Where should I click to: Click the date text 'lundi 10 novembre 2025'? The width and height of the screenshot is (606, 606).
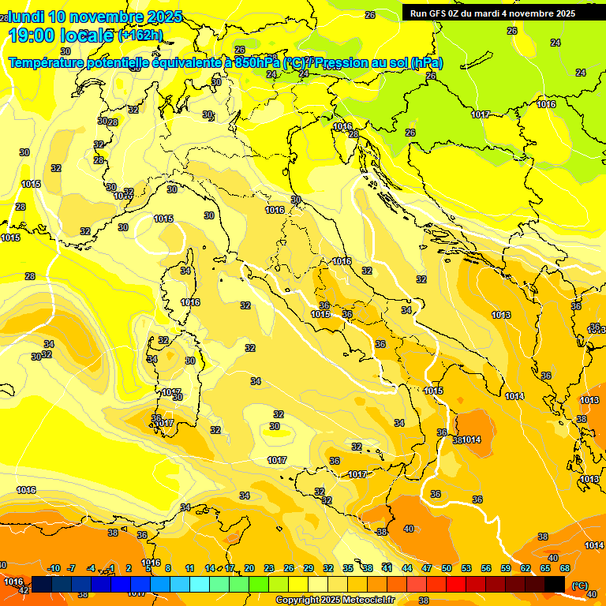[95, 17]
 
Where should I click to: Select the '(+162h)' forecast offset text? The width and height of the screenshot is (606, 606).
[140, 36]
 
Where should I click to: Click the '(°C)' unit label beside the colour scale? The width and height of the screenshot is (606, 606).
[579, 585]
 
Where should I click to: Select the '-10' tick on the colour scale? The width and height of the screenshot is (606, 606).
[54, 568]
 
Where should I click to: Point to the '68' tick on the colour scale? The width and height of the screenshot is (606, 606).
[565, 568]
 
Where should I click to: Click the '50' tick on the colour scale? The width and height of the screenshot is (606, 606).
[447, 568]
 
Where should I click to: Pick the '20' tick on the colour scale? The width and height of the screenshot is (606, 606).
[249, 568]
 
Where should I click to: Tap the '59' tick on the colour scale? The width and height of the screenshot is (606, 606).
[506, 568]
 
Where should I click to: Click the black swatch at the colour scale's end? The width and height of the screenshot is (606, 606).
[555, 584]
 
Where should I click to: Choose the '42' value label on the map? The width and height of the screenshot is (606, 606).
[24, 589]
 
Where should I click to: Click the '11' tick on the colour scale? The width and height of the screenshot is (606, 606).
[190, 568]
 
